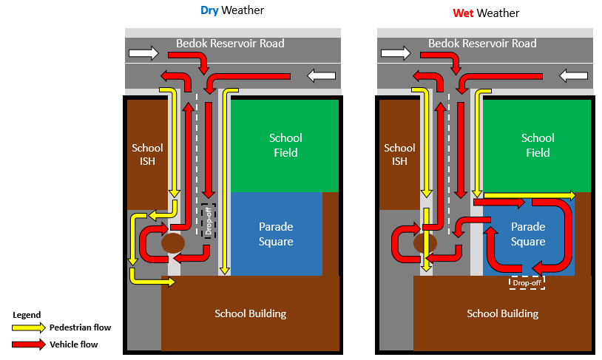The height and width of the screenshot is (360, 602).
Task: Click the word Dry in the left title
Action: coord(209,10)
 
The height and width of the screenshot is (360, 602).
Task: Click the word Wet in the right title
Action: coord(463,13)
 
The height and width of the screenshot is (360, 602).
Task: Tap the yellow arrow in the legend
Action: coord(28,327)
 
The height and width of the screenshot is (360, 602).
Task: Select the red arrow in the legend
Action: coord(28,344)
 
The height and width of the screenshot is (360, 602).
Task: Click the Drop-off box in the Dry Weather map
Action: coord(209,221)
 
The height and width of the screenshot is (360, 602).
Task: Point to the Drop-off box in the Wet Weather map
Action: coord(527,283)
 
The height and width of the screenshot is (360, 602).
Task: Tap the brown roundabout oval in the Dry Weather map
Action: coord(173,243)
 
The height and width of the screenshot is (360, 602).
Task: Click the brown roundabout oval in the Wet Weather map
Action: coord(425,243)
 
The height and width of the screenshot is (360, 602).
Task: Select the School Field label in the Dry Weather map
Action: coord(285,145)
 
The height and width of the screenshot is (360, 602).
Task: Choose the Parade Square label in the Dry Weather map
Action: coord(276,234)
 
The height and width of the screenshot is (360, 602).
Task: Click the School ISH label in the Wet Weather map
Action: coord(399,154)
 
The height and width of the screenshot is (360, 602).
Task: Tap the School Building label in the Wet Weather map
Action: coord(503,313)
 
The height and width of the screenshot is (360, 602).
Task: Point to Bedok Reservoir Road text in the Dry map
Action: coord(230,44)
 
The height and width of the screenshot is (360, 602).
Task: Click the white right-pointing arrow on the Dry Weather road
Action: coord(143,53)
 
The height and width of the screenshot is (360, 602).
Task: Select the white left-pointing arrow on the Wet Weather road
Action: coord(574,75)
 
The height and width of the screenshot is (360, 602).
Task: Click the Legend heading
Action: coord(27,315)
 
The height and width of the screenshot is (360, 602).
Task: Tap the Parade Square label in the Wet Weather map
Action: coord(528,234)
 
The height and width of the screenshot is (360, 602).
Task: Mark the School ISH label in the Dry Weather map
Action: coord(147,154)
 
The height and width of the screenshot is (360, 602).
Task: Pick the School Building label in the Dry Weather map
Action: coord(250,313)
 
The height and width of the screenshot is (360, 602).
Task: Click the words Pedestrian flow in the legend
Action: coord(80,327)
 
